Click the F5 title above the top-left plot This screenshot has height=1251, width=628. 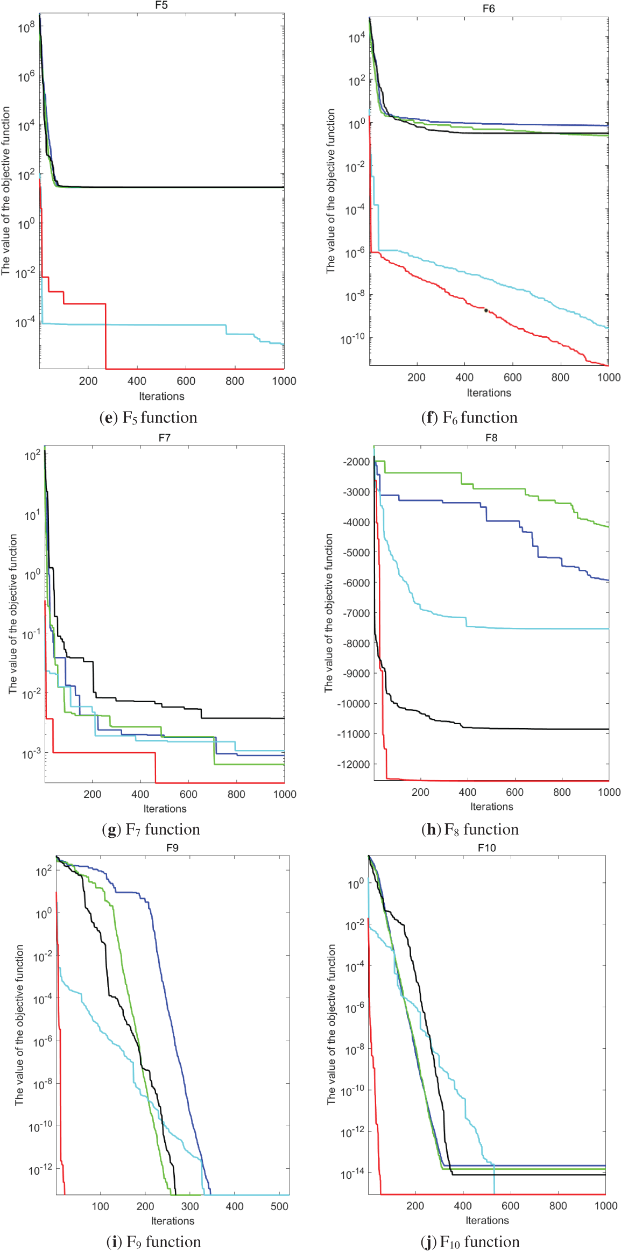point(161,5)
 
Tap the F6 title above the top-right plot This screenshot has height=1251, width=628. point(488,9)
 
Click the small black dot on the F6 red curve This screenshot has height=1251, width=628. point(486,310)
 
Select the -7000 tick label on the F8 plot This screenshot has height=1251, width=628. point(356,613)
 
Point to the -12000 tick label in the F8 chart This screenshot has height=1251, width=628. point(354,765)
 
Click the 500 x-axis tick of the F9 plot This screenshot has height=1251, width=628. point(279,1206)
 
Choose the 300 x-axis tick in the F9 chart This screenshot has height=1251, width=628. point(190,1206)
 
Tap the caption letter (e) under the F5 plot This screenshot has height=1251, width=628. point(108,418)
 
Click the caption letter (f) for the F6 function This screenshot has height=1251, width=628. point(429,418)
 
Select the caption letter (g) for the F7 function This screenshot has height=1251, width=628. point(111,830)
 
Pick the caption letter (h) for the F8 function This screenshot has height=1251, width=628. point(431,830)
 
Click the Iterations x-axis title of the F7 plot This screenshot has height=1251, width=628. point(165,809)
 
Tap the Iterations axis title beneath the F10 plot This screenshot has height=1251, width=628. point(487,1220)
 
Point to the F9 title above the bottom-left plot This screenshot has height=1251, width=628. point(172,848)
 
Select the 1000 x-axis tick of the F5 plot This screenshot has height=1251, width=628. point(284,381)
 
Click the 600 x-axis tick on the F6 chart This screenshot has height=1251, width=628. point(512,377)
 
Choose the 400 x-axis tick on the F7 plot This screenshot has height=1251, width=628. point(140,794)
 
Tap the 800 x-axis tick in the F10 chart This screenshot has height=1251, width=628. point(558,1206)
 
